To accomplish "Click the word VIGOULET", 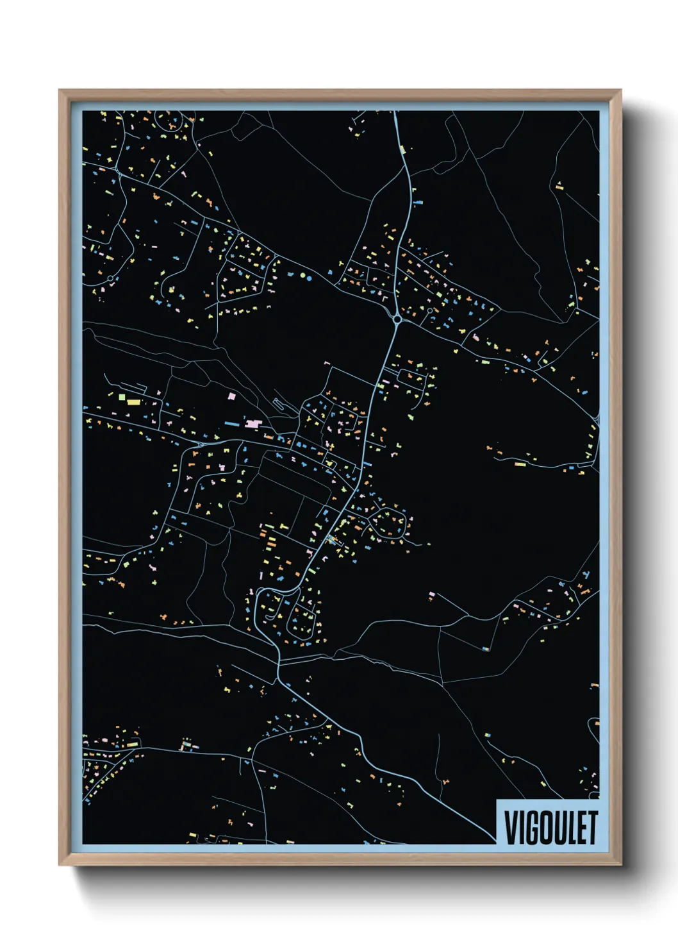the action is (x=550, y=828).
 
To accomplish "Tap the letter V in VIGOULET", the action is (x=511, y=828).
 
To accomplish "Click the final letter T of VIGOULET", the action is (x=592, y=828).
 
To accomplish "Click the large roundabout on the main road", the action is (x=397, y=318).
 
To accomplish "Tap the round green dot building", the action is (x=302, y=277).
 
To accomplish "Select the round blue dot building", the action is (x=310, y=278).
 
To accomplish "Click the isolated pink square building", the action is (x=231, y=398).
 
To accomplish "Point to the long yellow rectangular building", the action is (x=133, y=402).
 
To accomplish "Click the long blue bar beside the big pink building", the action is (x=231, y=424).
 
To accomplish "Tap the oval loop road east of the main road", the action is (x=388, y=523).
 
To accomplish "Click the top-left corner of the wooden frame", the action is (x=60, y=90).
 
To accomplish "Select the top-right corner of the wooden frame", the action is (x=620, y=90).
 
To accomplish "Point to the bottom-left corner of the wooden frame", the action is (x=60, y=865).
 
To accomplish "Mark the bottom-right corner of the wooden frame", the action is (x=620, y=865).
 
